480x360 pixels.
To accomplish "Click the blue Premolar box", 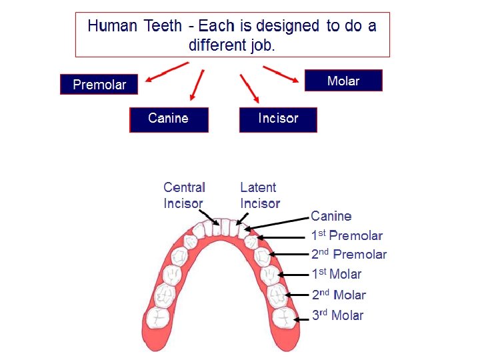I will click(x=99, y=85).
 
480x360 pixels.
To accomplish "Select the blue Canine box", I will click(x=169, y=119).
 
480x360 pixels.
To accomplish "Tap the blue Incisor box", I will click(x=278, y=119).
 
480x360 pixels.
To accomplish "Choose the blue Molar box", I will click(x=343, y=81).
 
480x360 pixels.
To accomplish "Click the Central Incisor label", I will click(x=184, y=195).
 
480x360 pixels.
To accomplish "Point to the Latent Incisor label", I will click(x=259, y=195).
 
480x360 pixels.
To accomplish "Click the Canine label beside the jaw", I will click(x=331, y=216).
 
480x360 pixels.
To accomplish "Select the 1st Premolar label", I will click(x=347, y=235).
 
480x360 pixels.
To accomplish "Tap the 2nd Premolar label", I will click(x=349, y=254).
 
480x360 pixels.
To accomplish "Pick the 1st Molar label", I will click(x=337, y=274).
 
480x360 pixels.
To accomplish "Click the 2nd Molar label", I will click(x=339, y=295).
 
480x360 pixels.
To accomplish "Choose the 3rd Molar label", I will click(x=337, y=315).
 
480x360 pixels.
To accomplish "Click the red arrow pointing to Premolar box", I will click(x=167, y=72).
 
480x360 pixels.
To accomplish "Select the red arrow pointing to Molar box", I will click(x=281, y=74).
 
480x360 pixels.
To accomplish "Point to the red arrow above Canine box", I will click(x=197, y=85).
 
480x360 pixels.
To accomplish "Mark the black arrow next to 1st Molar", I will click(x=294, y=274).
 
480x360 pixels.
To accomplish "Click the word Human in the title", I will click(x=111, y=27).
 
